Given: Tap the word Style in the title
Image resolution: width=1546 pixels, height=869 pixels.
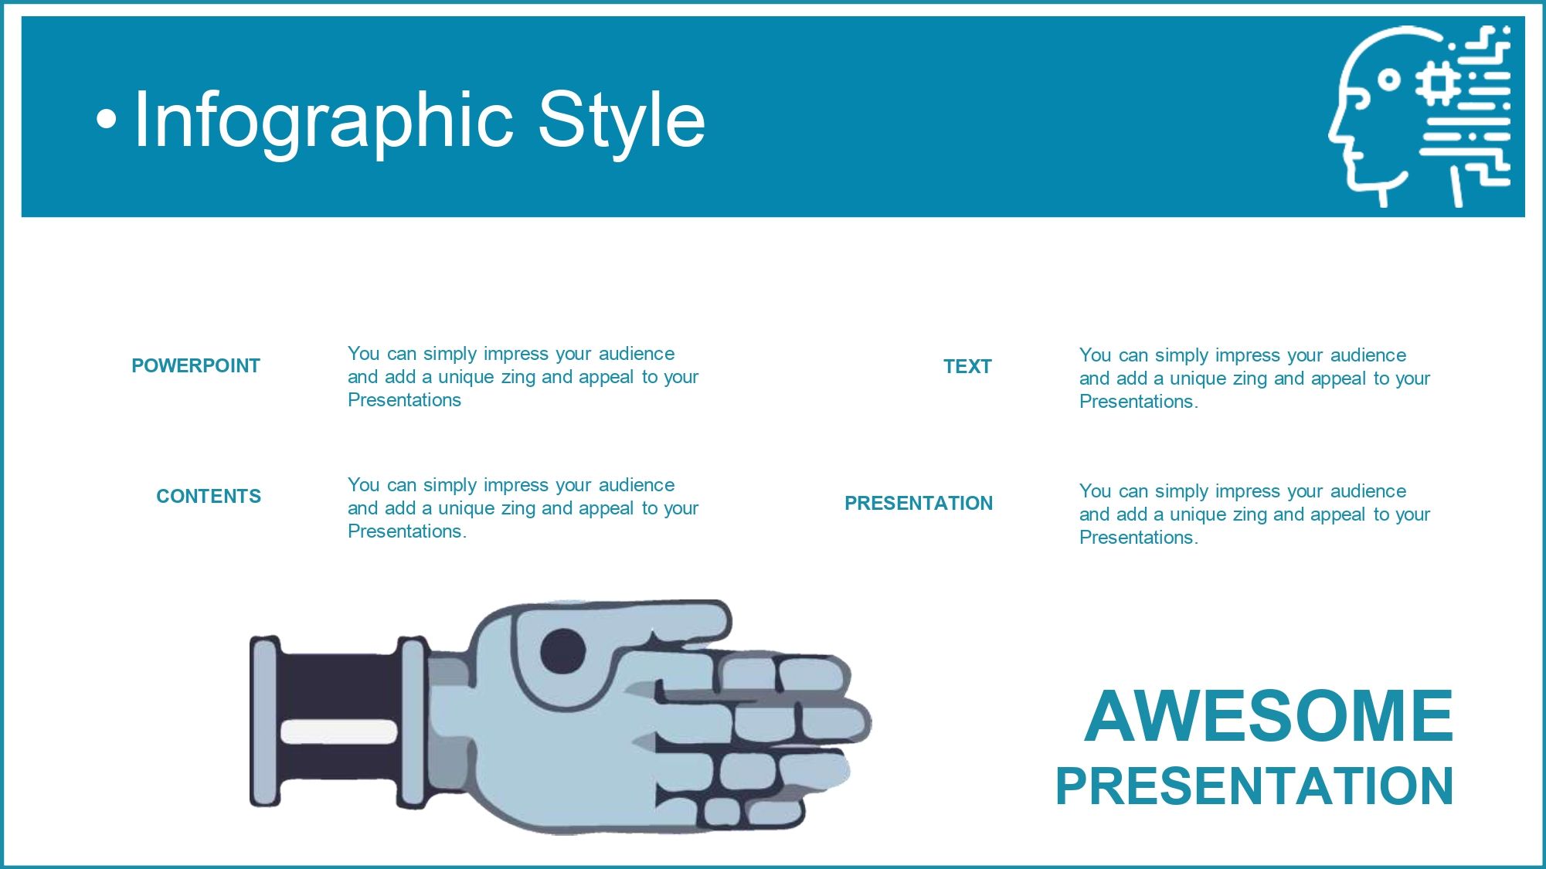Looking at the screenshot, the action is point(621,120).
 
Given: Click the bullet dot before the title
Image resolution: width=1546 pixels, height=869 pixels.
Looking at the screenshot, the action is point(107,120).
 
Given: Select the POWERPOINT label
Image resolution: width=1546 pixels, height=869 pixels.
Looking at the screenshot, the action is point(195,365).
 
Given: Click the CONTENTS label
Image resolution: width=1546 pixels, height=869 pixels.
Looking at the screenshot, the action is point(209,496).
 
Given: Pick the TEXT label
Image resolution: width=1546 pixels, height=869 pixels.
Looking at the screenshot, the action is point(967,366).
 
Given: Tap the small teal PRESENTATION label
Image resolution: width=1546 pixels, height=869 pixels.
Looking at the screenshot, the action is point(919,503).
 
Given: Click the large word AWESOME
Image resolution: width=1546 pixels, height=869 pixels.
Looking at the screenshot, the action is point(1269,716).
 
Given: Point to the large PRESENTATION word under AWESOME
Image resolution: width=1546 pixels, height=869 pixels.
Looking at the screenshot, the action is point(1255,786).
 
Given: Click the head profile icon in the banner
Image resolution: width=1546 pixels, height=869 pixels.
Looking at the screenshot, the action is point(1419,116).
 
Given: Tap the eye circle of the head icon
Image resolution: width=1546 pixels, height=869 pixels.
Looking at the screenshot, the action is point(1388,80).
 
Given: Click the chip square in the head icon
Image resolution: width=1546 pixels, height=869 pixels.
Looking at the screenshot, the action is point(1438,83).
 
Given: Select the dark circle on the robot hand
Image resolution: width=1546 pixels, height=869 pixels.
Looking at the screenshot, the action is point(562,651).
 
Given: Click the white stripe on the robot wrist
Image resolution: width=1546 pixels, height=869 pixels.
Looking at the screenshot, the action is point(338,732).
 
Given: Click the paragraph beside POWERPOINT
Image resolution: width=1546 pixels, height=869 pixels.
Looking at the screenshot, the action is point(523,377).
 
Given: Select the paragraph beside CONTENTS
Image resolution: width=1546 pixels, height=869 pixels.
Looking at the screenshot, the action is point(523,508).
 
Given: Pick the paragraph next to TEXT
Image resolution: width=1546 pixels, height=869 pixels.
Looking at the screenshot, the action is point(1255,378).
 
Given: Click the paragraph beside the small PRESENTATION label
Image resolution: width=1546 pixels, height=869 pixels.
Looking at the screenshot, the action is point(1255,514).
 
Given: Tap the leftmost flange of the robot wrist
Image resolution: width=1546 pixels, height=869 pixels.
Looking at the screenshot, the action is point(264,721).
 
